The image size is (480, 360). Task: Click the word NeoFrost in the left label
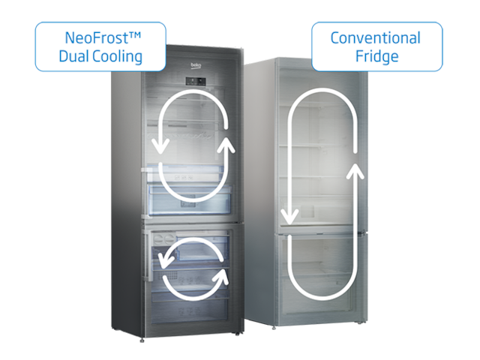coord(97,38)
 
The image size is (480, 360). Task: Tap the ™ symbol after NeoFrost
coord(135,35)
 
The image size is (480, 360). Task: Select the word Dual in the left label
coord(73,56)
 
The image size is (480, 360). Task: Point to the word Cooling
coord(118,57)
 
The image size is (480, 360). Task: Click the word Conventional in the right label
coord(376,38)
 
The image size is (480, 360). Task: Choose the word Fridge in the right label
coord(376,57)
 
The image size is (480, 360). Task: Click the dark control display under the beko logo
coord(196,81)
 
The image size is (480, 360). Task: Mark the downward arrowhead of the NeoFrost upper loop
coord(160,146)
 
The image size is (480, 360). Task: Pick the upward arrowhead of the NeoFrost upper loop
coord(226,145)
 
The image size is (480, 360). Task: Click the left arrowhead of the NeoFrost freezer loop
coord(166,260)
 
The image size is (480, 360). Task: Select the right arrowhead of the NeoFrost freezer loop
coord(221,277)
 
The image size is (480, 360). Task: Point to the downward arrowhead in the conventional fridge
coord(289,217)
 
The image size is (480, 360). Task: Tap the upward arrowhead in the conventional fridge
coord(355,172)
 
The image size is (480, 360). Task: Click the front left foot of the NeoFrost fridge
coord(142,340)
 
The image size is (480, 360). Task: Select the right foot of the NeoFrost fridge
coord(237,334)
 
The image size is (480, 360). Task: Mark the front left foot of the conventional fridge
coord(274,328)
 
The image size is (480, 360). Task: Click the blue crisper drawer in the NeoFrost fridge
coord(190,199)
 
